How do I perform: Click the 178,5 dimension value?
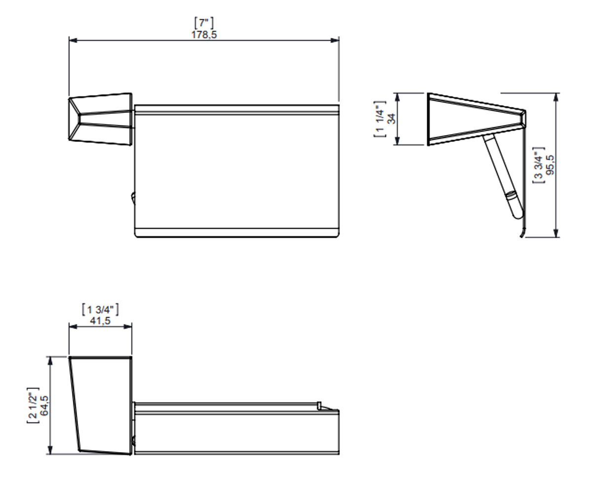point(204,35)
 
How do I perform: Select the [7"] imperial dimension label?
point(204,23)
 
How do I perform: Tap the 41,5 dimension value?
point(100,321)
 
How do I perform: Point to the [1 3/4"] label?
point(100,310)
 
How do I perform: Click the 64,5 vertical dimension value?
point(44,405)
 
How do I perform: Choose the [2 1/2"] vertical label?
point(33,405)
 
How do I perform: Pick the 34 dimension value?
point(392,118)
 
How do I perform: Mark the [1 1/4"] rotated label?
point(380,119)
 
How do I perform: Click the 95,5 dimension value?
point(550,165)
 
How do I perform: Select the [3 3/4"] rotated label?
point(538,165)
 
